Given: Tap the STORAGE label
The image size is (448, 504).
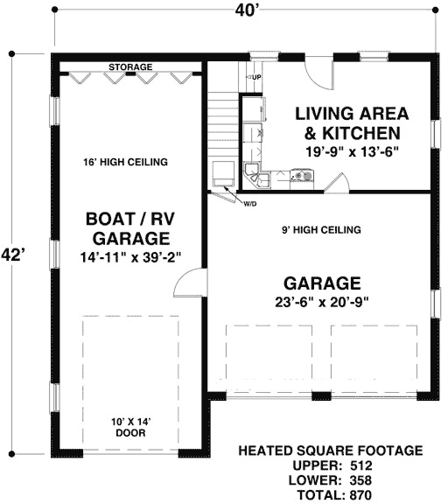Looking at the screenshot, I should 130,67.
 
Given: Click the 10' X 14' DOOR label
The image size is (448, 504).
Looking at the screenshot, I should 130,428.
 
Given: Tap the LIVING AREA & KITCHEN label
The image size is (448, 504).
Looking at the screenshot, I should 347,123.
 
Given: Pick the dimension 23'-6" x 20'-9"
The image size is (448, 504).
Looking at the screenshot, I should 323,302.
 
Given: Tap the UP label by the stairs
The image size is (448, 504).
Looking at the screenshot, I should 256,78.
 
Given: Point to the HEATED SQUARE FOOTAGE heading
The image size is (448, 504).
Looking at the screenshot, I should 331,451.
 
